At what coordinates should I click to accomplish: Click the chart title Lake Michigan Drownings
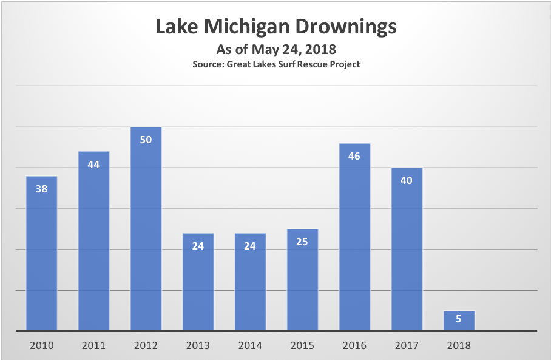tap(276, 27)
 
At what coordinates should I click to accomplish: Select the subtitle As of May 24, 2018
tap(276, 49)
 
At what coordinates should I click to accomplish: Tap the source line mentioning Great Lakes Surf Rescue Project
tap(276, 64)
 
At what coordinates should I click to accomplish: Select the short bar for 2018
tap(459, 321)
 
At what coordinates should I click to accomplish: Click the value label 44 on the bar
tap(93, 165)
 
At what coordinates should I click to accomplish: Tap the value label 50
tap(146, 140)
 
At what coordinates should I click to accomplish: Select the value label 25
tap(302, 242)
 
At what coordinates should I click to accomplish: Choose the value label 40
tap(407, 180)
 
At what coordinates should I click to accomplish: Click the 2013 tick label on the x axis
tap(198, 345)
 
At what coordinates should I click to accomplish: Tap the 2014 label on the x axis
tap(250, 345)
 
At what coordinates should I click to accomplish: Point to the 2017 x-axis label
tap(407, 345)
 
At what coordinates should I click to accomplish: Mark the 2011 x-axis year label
tap(93, 345)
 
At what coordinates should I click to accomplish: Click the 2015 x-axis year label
tap(302, 345)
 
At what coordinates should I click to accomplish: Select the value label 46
tap(354, 156)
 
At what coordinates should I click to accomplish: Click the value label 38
tap(42, 189)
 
